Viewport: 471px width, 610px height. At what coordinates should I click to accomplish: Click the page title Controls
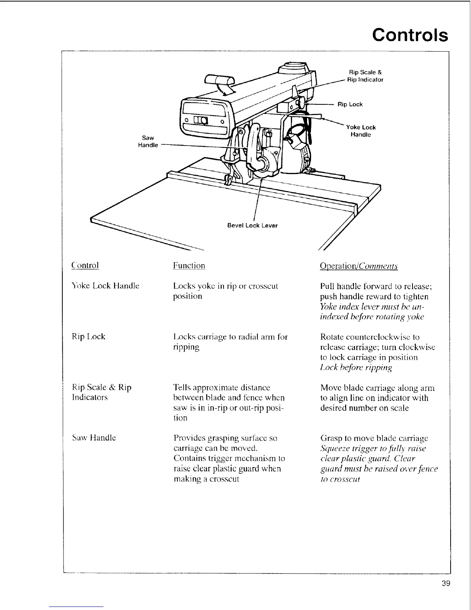click(x=410, y=35)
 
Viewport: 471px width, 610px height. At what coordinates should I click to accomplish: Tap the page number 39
click(x=446, y=583)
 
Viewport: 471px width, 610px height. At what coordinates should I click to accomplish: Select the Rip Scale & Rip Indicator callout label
click(x=365, y=76)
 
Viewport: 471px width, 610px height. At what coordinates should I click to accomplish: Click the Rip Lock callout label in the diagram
click(x=350, y=104)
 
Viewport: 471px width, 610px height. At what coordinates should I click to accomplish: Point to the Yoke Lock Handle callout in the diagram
click(x=361, y=131)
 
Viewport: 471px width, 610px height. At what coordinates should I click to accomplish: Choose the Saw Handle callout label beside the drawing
click(x=148, y=141)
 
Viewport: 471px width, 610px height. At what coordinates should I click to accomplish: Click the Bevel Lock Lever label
click(x=252, y=225)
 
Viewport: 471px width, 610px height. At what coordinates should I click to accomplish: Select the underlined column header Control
click(x=85, y=265)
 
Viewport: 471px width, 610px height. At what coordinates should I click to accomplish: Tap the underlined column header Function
click(x=189, y=265)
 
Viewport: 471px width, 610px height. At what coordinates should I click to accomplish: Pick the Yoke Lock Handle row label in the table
click(x=105, y=286)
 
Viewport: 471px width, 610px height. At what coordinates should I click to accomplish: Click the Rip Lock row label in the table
click(x=89, y=337)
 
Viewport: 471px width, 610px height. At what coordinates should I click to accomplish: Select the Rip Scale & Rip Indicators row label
click(x=102, y=392)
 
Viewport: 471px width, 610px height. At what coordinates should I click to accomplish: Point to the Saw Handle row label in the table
click(x=94, y=437)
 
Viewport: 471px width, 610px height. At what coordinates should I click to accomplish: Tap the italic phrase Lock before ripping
click(x=356, y=367)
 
